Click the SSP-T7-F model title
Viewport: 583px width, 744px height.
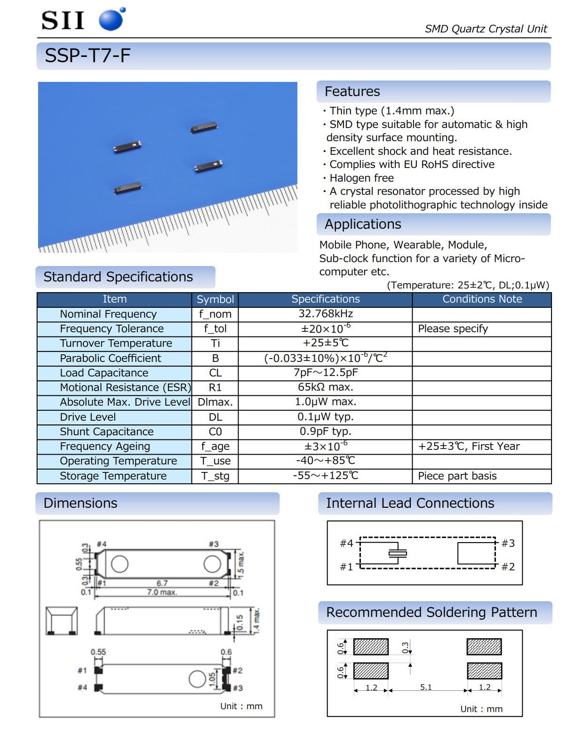[x=88, y=56]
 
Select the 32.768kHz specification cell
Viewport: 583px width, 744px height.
[x=325, y=314]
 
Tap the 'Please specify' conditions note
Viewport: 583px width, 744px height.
[x=453, y=328]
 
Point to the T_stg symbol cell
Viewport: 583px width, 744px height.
[x=215, y=476]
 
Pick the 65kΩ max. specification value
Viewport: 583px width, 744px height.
[x=325, y=387]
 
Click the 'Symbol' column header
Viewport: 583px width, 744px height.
[x=215, y=299]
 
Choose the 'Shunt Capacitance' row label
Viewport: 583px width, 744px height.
[x=106, y=432]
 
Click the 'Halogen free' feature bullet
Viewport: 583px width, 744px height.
[x=361, y=178]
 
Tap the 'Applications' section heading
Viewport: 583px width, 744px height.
[x=363, y=224]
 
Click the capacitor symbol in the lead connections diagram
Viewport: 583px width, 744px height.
[x=398, y=553]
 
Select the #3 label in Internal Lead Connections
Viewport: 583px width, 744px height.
[x=508, y=543]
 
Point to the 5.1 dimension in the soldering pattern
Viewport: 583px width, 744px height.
[x=426, y=687]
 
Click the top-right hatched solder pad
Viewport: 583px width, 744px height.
[x=484, y=647]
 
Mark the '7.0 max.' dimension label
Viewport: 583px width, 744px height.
[x=162, y=592]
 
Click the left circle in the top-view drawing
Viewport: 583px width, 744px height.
[x=120, y=564]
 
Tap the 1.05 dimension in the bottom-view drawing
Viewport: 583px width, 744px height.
[x=212, y=678]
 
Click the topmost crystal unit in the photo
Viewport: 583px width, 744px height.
[x=204, y=128]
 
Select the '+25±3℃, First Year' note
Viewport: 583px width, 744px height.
[x=469, y=446]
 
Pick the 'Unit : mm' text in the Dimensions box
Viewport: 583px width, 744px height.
[x=241, y=706]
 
